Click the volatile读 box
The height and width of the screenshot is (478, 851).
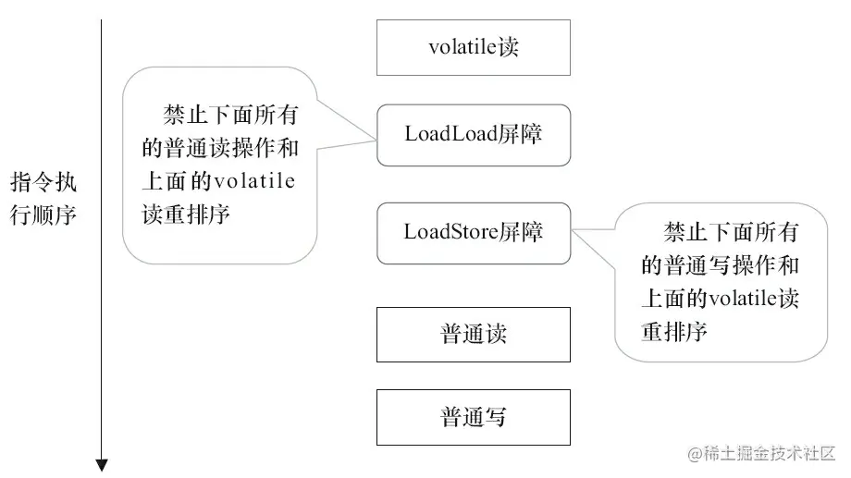pos(473,47)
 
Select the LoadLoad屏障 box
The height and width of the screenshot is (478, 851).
pos(473,135)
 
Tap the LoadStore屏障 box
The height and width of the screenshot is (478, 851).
pos(473,232)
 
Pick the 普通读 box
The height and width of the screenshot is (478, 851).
pos(473,334)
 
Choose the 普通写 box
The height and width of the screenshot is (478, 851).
pos(473,417)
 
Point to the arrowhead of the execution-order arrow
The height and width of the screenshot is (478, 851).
pos(102,464)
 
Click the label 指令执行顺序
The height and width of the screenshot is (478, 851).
pos(43,198)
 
